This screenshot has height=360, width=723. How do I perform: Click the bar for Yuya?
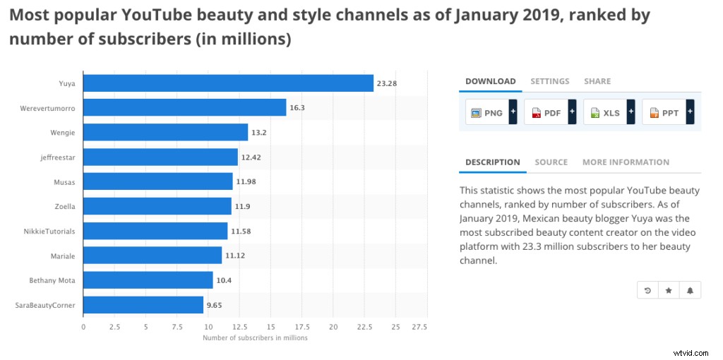228,83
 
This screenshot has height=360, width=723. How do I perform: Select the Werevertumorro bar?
184,107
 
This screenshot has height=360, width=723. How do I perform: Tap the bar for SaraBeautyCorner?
143,305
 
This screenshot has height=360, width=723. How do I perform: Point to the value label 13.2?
261,132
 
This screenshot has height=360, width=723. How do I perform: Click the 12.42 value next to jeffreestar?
251,157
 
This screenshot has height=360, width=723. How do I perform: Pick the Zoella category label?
64,206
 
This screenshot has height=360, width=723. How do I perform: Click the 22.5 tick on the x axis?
364,327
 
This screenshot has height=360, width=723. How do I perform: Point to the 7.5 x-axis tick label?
177,327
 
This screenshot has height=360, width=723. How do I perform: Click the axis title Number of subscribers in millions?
255,338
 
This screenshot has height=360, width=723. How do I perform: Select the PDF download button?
546,113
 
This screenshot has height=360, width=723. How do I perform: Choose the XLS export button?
604,113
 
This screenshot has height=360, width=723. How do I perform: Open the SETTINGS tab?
549,81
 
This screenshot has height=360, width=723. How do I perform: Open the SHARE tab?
597,81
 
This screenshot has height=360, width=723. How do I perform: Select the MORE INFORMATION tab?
626,162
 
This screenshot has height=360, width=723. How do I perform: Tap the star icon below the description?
669,290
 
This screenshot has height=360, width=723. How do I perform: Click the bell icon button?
690,290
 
